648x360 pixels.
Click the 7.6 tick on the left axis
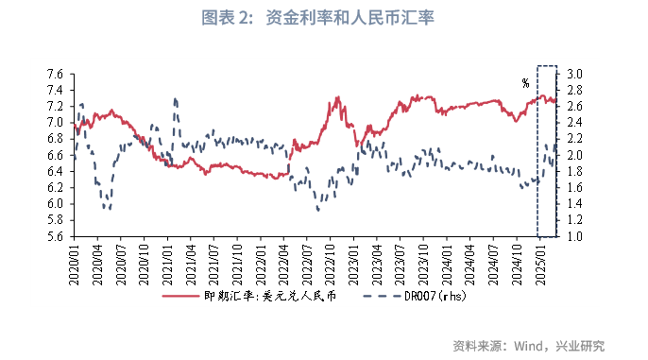[54, 74]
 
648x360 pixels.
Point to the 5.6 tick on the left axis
[54, 236]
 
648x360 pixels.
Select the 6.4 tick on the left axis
[54, 171]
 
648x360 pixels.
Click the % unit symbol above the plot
[525, 83]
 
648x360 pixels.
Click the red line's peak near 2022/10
[337, 97]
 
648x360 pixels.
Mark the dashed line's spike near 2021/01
[175, 98]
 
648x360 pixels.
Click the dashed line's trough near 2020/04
[107, 209]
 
